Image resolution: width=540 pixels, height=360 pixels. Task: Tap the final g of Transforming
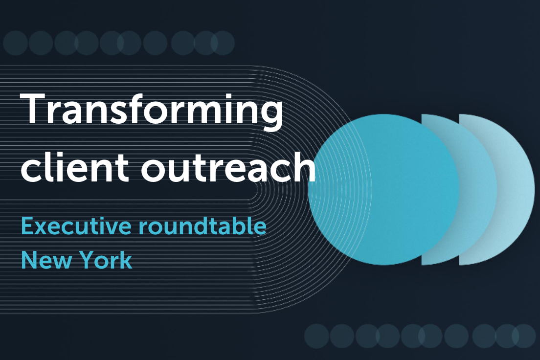click(x=269, y=116)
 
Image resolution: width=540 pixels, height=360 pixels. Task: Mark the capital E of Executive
click(x=27, y=226)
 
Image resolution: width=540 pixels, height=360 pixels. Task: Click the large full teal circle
click(x=383, y=189)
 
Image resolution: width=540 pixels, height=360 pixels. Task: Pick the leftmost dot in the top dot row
click(x=15, y=43)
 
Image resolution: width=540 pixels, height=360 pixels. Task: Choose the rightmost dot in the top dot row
click(x=223, y=43)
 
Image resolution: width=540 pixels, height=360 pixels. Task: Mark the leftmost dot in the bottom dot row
click(x=316, y=336)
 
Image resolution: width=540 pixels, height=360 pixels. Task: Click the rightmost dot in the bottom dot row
click(x=524, y=336)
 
